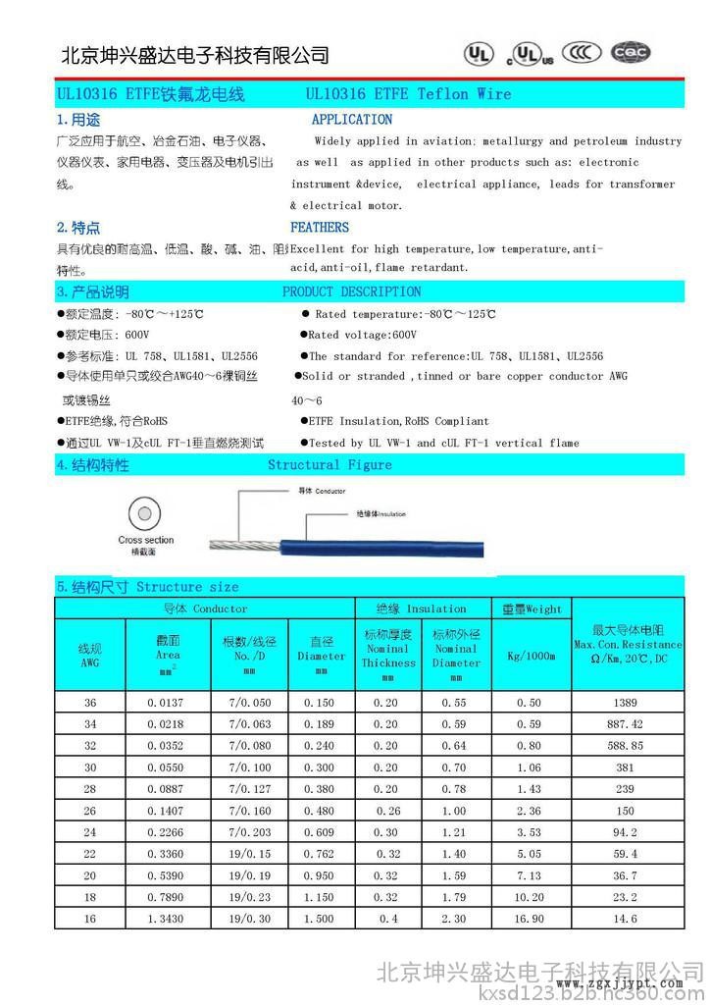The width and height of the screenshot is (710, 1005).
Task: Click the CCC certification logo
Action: click(584, 52)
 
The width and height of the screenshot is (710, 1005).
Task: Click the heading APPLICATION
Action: click(351, 120)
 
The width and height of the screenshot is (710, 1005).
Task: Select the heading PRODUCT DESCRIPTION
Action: click(351, 291)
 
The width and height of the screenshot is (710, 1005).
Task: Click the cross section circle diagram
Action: click(145, 514)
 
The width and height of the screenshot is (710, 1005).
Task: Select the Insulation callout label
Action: click(380, 513)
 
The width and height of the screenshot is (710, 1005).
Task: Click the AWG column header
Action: click(89, 656)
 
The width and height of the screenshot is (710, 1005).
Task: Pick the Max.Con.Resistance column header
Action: click(628, 645)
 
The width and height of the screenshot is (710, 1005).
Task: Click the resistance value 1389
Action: click(626, 703)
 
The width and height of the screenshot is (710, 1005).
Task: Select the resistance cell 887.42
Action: click(626, 724)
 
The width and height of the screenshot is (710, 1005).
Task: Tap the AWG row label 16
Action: click(90, 919)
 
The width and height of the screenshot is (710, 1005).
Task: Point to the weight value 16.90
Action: click(530, 919)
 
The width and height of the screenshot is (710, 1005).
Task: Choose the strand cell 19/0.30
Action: click(249, 919)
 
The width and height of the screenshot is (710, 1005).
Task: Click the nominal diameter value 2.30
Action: click(454, 919)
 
